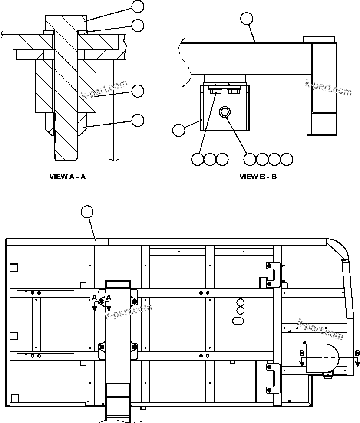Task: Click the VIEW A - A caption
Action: [67, 177]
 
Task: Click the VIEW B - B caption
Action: [258, 177]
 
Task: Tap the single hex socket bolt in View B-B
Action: [224, 112]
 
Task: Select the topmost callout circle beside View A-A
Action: [138, 7]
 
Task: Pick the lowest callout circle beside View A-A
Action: [138, 120]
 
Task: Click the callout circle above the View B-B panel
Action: [246, 18]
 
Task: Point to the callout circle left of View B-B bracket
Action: [178, 130]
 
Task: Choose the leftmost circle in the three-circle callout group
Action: [197, 159]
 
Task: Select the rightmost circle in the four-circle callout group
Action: [287, 159]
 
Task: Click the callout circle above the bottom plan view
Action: [87, 212]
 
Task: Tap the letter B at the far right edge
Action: [357, 353]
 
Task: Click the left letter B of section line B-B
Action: [301, 353]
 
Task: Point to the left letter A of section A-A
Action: [94, 298]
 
